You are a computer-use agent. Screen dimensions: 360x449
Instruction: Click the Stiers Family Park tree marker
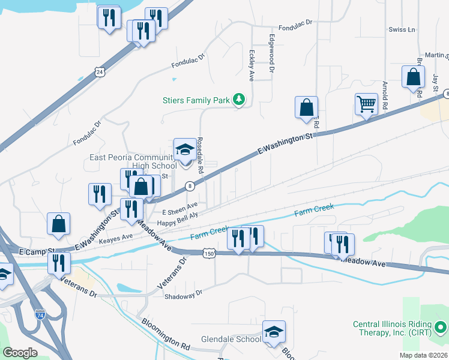pos(239,100)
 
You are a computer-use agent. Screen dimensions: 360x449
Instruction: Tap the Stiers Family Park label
pos(196,100)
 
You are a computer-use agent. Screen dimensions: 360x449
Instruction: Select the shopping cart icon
pos(366,104)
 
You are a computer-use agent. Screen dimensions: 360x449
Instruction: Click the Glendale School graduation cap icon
pos(274,332)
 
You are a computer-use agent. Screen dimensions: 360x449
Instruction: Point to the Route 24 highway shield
pos(98,72)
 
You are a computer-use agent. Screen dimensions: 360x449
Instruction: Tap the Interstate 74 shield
pos(40,314)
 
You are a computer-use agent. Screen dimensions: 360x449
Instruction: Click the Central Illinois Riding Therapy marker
pos(441,328)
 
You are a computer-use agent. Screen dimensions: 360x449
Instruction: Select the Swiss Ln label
pos(402,29)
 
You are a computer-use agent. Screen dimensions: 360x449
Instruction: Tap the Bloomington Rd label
pos(166,334)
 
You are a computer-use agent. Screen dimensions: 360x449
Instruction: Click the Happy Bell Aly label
pos(177,221)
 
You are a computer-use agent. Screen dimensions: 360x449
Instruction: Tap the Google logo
pos(20,353)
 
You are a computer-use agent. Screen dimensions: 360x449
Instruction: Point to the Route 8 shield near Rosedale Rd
pos(189,186)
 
